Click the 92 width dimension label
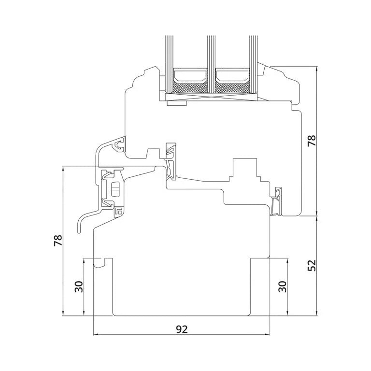click(x=182, y=329)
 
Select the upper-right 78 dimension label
click(x=312, y=141)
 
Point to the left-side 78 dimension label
click(x=58, y=241)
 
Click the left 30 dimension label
click(x=79, y=287)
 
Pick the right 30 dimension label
click(x=282, y=287)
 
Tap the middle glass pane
click(x=211, y=64)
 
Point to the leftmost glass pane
click(x=169, y=64)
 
